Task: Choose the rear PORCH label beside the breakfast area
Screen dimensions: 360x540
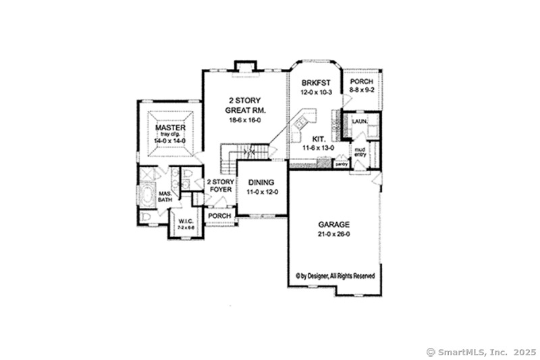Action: click(x=362, y=82)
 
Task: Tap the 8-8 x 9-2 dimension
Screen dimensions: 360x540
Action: click(x=362, y=91)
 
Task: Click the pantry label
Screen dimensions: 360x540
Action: click(x=341, y=163)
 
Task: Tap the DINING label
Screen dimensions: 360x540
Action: click(x=261, y=182)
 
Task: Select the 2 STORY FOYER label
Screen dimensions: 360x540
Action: click(x=219, y=186)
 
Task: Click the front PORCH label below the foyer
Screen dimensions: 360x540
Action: click(x=219, y=215)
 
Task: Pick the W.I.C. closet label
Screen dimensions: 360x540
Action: click(x=186, y=224)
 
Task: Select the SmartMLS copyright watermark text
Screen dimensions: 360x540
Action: click(x=481, y=352)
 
